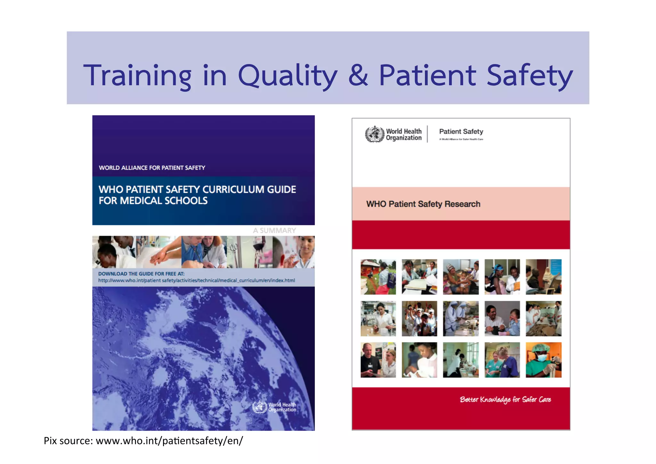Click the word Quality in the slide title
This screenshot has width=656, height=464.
point(287,76)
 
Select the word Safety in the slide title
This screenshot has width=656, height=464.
point(529,76)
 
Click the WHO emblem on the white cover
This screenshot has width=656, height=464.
point(374,134)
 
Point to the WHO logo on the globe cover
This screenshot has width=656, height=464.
point(260,407)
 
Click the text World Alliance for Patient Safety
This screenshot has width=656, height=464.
point(152,168)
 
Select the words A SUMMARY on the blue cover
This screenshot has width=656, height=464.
point(274,231)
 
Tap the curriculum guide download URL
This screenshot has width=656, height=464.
point(196,281)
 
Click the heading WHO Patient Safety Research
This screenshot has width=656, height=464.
point(423,204)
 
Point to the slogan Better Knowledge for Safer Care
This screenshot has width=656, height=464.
point(505,400)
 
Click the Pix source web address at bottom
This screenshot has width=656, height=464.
point(169,441)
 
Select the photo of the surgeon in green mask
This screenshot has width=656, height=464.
point(543,360)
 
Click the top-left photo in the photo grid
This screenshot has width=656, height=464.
point(378,277)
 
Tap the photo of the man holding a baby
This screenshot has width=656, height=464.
point(502,318)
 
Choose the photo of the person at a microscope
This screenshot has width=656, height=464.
point(114,252)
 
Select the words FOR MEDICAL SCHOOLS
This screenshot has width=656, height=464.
point(153,201)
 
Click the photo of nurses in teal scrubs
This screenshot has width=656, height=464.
point(502,360)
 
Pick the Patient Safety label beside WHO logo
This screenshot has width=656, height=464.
point(461,131)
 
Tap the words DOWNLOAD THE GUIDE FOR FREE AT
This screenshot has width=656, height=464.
point(141,274)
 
